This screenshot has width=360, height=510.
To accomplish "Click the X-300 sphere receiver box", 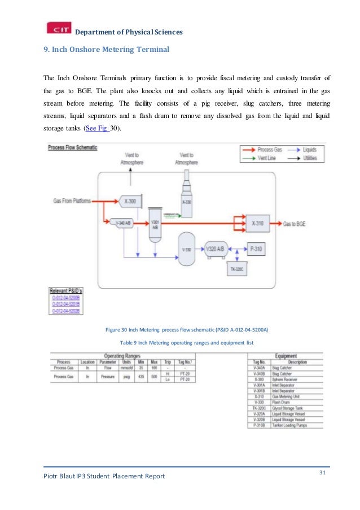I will click(x=129, y=200).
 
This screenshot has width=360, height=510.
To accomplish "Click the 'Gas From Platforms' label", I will click(x=72, y=200).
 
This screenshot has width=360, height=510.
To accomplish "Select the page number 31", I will click(x=323, y=472).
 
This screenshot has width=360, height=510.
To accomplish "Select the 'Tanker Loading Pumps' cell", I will click(x=289, y=425).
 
